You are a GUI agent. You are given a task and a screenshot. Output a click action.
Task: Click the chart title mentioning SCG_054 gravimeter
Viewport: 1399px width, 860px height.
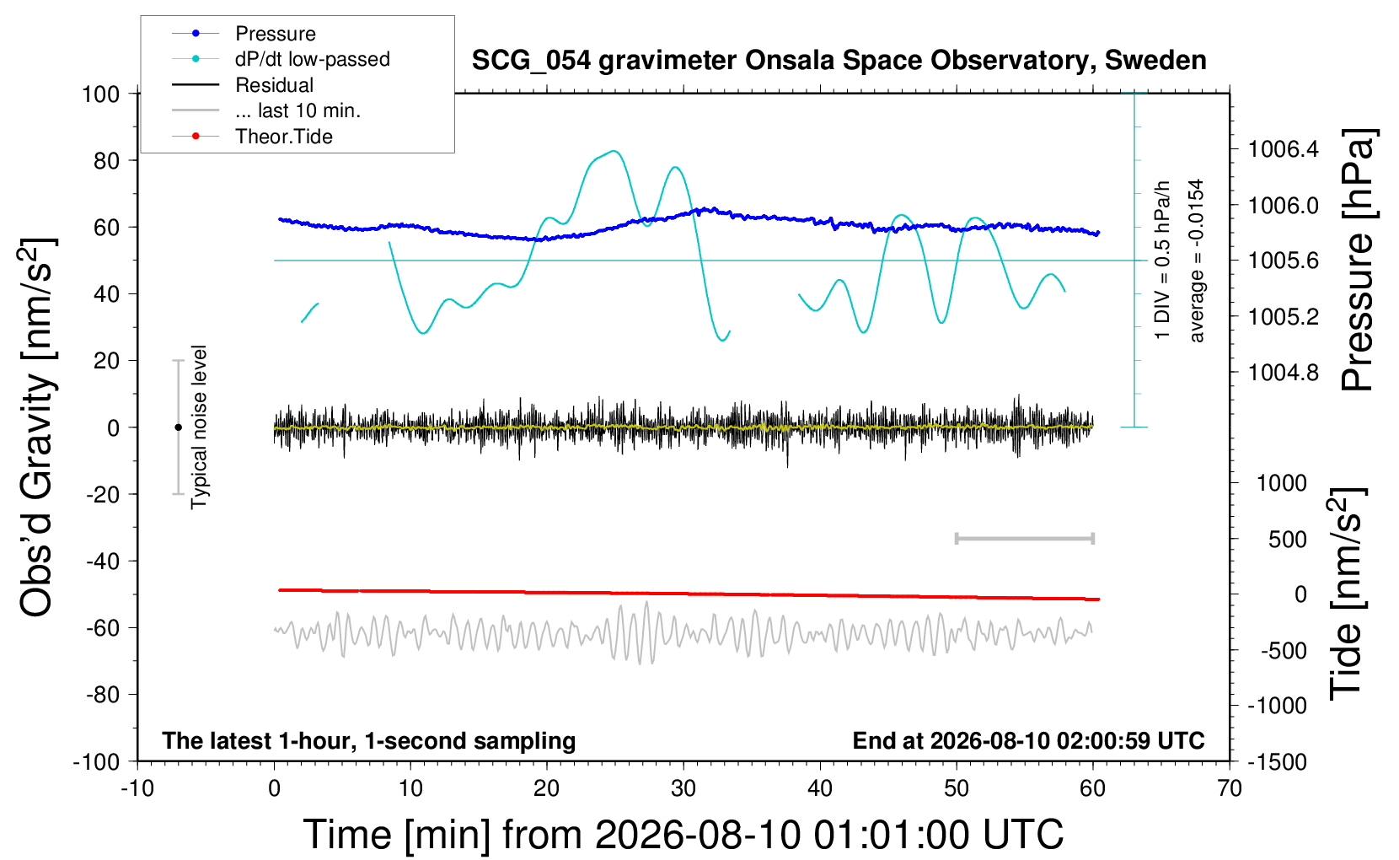[x=839, y=61]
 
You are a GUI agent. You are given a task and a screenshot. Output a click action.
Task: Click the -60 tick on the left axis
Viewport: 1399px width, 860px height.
[x=102, y=628]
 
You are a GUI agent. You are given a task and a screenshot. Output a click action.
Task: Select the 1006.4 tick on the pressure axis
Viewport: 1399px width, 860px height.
[x=1284, y=149]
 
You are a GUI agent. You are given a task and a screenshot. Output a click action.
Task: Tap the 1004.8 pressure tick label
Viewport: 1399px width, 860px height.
[x=1284, y=373]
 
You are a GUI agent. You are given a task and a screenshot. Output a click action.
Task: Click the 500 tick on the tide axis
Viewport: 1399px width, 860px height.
[x=1287, y=540]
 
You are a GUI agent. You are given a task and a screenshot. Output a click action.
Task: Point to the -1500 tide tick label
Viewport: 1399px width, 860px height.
[x=1277, y=762]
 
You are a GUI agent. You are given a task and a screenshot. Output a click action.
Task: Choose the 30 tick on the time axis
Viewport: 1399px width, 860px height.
[x=683, y=788]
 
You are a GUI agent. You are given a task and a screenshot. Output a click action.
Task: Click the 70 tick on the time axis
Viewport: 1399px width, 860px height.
[x=1229, y=788]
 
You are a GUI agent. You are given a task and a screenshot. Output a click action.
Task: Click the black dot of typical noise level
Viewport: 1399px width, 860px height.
[x=178, y=427]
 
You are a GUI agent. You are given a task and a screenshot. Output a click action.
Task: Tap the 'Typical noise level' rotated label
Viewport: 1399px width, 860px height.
[x=198, y=427]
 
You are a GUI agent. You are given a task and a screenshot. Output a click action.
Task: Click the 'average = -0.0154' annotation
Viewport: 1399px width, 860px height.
[x=1195, y=261]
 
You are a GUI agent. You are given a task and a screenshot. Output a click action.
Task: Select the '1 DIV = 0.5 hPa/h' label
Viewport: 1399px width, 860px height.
[x=1161, y=261]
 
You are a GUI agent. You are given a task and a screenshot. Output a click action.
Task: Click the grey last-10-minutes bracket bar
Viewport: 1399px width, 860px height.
[x=1024, y=539]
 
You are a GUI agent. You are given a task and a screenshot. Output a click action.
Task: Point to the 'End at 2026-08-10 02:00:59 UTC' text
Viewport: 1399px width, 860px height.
[x=1029, y=740]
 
